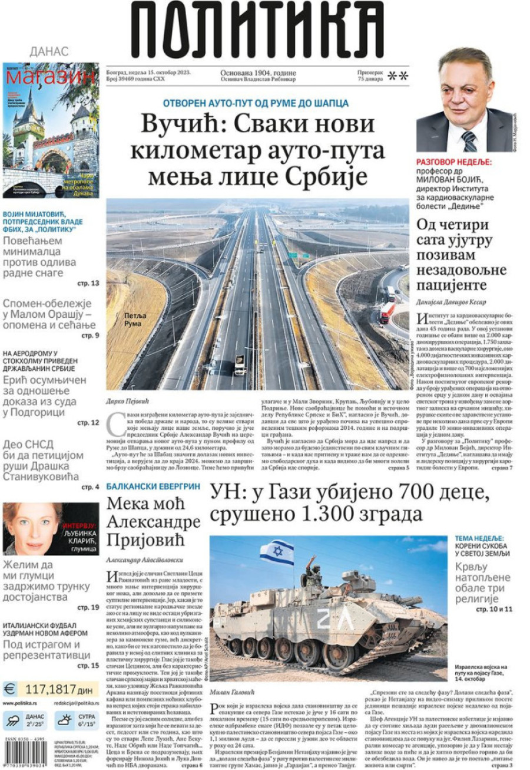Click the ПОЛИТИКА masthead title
257,29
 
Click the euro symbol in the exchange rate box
10,689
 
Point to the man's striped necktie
469,142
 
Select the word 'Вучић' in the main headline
179,124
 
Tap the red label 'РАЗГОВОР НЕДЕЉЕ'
454,162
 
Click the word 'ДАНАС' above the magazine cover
49,52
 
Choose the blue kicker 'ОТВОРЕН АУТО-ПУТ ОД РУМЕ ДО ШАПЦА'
256,103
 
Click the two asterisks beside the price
398,75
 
